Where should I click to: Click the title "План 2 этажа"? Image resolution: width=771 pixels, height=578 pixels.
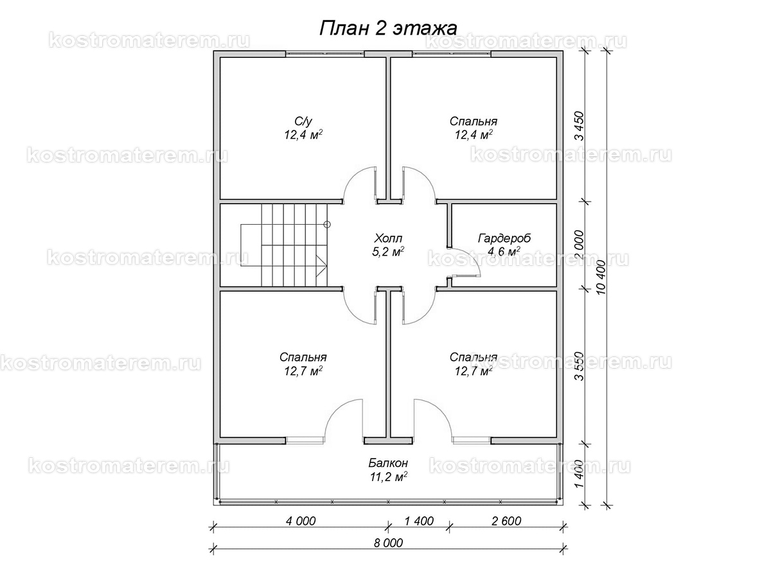tap(388, 29)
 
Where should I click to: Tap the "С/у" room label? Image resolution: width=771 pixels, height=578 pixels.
tap(303, 121)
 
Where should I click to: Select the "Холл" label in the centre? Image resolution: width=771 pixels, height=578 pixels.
tap(388, 239)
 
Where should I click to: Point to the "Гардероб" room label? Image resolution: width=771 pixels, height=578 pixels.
tap(504, 239)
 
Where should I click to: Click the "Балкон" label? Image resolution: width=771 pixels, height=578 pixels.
tap(388, 463)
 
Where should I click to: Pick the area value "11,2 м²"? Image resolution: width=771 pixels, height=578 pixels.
tap(388, 477)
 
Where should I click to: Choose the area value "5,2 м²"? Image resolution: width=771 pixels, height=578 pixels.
tap(388, 252)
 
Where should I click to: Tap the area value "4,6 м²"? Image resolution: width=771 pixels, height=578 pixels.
tap(504, 252)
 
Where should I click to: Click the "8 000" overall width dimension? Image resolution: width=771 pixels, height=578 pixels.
tap(388, 543)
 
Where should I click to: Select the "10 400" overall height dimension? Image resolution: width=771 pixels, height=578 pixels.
tap(601, 277)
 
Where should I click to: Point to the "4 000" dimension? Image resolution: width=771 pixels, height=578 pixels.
tap(301, 521)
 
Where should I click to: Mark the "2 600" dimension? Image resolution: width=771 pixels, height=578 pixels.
tap(506, 521)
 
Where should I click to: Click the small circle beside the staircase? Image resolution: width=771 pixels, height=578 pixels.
tap(327, 224)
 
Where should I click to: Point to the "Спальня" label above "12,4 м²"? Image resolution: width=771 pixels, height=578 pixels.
tap(473, 121)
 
